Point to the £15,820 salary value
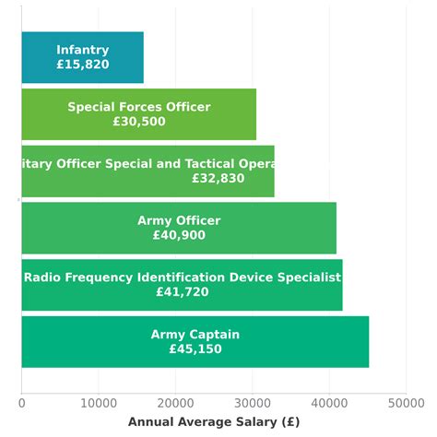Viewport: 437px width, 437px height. [x=82, y=65]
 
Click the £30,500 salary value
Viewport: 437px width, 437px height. [x=139, y=122]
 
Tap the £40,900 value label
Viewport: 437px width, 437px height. [x=179, y=236]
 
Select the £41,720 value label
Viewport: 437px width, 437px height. [x=183, y=292]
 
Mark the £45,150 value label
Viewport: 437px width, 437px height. [x=195, y=349]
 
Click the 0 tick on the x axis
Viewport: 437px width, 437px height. [x=22, y=403]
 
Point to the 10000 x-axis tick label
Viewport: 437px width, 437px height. [x=99, y=403]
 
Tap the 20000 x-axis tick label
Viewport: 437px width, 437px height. [x=175, y=403]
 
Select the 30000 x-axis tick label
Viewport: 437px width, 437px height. [x=253, y=403]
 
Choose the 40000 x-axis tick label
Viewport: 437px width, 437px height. [x=329, y=403]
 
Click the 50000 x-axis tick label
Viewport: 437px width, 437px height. [x=406, y=403]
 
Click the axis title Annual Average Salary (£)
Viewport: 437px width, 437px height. [x=214, y=422]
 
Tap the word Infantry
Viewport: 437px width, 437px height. [x=82, y=51]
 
